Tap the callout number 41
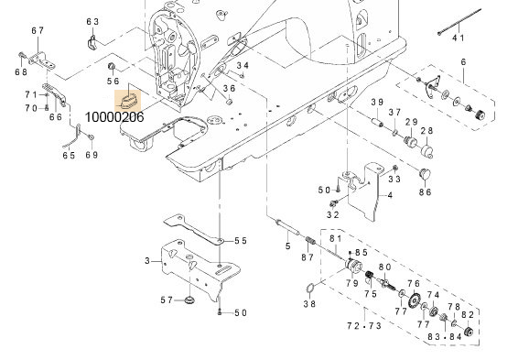point(459,38)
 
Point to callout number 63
point(92,21)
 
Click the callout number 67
point(38,31)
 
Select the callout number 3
point(146,261)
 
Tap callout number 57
point(167,300)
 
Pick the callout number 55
point(240,241)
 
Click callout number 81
point(334,239)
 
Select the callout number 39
point(376,102)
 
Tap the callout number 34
point(243,66)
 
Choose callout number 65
point(69,156)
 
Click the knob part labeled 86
point(424,173)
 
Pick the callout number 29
point(412,123)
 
